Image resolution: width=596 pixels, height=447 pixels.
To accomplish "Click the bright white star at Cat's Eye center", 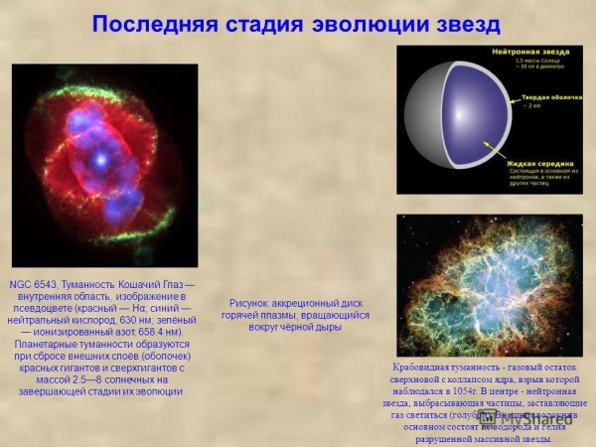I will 100,158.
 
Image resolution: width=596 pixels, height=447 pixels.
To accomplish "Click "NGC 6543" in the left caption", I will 31,285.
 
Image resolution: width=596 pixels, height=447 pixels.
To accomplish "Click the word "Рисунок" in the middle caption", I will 248,302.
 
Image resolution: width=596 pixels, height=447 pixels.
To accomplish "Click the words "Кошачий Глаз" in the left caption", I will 149,285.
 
